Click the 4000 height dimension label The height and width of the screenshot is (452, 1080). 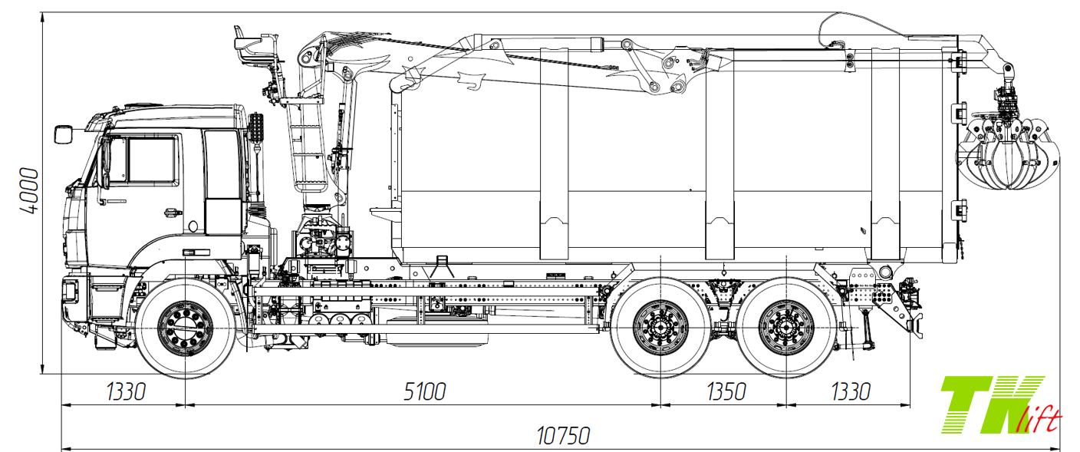28,191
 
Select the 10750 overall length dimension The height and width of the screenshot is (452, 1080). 564,437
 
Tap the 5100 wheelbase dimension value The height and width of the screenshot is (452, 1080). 424,391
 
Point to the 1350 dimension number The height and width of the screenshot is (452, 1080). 725,391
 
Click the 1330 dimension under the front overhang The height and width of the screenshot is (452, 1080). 125,391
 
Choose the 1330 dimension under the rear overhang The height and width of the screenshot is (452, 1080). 850,391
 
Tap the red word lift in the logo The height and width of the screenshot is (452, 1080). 1044,419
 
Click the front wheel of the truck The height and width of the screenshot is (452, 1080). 186,328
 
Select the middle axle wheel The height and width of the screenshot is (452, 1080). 660,328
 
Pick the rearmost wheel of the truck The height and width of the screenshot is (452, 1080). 785,328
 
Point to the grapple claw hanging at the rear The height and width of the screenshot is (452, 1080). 1008,153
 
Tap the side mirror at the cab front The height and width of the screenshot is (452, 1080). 63,134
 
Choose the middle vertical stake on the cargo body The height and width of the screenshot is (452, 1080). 719,153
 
